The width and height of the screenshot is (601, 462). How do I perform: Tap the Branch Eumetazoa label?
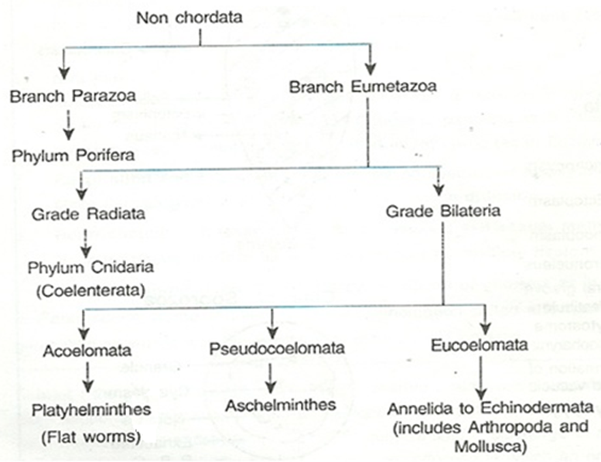coord(362,86)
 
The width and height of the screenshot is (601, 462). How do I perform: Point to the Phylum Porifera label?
coord(73,155)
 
